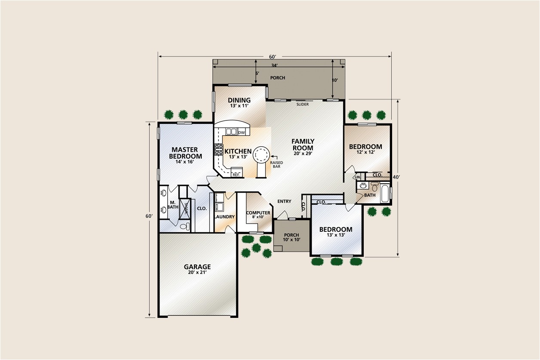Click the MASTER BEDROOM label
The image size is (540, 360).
[x=185, y=153]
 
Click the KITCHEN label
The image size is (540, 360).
[x=238, y=151]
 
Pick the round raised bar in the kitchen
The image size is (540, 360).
[x=261, y=153]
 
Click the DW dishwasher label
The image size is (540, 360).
[x=241, y=132]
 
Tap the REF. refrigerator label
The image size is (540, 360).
[x=236, y=175]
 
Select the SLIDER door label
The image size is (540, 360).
[x=302, y=104]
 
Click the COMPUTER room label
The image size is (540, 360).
[x=258, y=213]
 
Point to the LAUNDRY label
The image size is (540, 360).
[x=224, y=217]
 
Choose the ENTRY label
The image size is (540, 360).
[x=284, y=201]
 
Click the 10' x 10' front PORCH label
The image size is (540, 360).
[x=291, y=237]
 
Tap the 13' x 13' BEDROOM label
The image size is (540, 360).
[x=335, y=232]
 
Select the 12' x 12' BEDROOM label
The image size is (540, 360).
[x=365, y=149]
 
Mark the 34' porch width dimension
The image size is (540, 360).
[x=274, y=65]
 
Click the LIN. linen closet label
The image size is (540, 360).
[x=357, y=177]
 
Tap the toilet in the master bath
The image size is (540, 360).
[x=184, y=226]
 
